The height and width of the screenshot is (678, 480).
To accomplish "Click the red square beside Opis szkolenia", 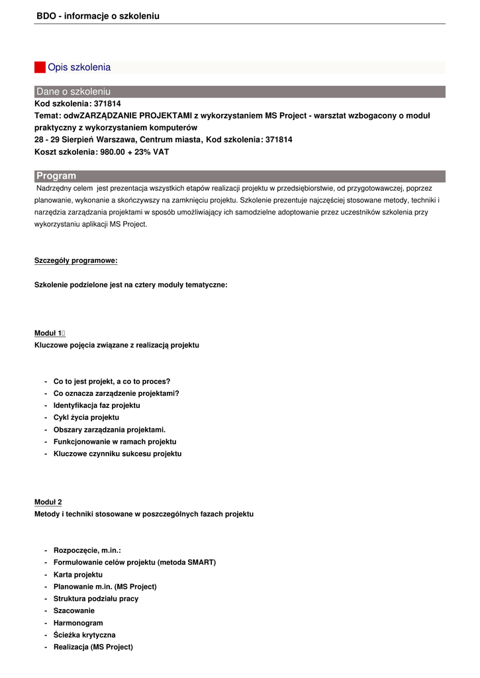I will pos(40,68).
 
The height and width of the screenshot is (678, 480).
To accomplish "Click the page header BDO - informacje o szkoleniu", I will pos(98,16).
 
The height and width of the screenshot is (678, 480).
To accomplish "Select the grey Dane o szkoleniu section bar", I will pos(240,91).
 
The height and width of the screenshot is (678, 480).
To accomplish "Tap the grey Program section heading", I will pos(240,176).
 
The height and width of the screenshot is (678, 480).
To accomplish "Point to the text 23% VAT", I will pos(152,152).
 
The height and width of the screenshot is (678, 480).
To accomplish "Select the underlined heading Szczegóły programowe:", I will pos(75,260).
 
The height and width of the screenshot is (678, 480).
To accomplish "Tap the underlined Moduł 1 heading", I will pos(48,333).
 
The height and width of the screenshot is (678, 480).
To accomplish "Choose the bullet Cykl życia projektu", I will pos(86,417).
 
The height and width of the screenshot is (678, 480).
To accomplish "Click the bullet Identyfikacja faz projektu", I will pos(97,405).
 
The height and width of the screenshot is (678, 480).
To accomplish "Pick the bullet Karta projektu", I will pos(78,575).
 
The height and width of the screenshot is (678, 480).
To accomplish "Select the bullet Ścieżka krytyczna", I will pos(84,635).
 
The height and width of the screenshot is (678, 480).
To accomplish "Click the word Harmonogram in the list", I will pos(78,623).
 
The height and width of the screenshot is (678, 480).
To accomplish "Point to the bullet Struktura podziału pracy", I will pos(96,599).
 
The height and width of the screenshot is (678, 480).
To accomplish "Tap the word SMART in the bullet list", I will pos(200,562).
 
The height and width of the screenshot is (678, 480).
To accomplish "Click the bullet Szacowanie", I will pos(74,610).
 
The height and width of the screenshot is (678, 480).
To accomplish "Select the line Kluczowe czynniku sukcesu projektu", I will pos(117,454).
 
